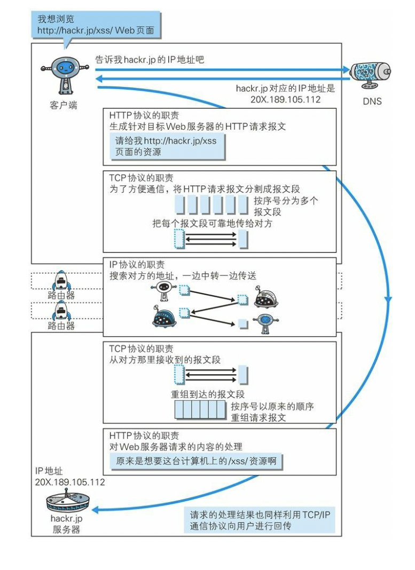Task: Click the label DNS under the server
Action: pyautogui.click(x=372, y=100)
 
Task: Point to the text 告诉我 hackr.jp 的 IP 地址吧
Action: pyautogui.click(x=150, y=60)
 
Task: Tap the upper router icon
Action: pyautogui.click(x=60, y=280)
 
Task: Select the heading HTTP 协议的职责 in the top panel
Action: pyautogui.click(x=144, y=115)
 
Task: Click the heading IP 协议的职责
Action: pyautogui.click(x=137, y=265)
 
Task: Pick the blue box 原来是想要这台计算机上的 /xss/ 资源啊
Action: pyautogui.click(x=195, y=461)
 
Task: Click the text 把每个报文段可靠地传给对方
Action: pyautogui.click(x=212, y=224)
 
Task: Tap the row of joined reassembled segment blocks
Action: pyautogui.click(x=200, y=411)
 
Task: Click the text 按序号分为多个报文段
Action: pyautogui.click(x=286, y=206)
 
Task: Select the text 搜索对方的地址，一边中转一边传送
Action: pyautogui.click(x=183, y=276)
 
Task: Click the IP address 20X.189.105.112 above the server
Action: pyautogui.click(x=70, y=482)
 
